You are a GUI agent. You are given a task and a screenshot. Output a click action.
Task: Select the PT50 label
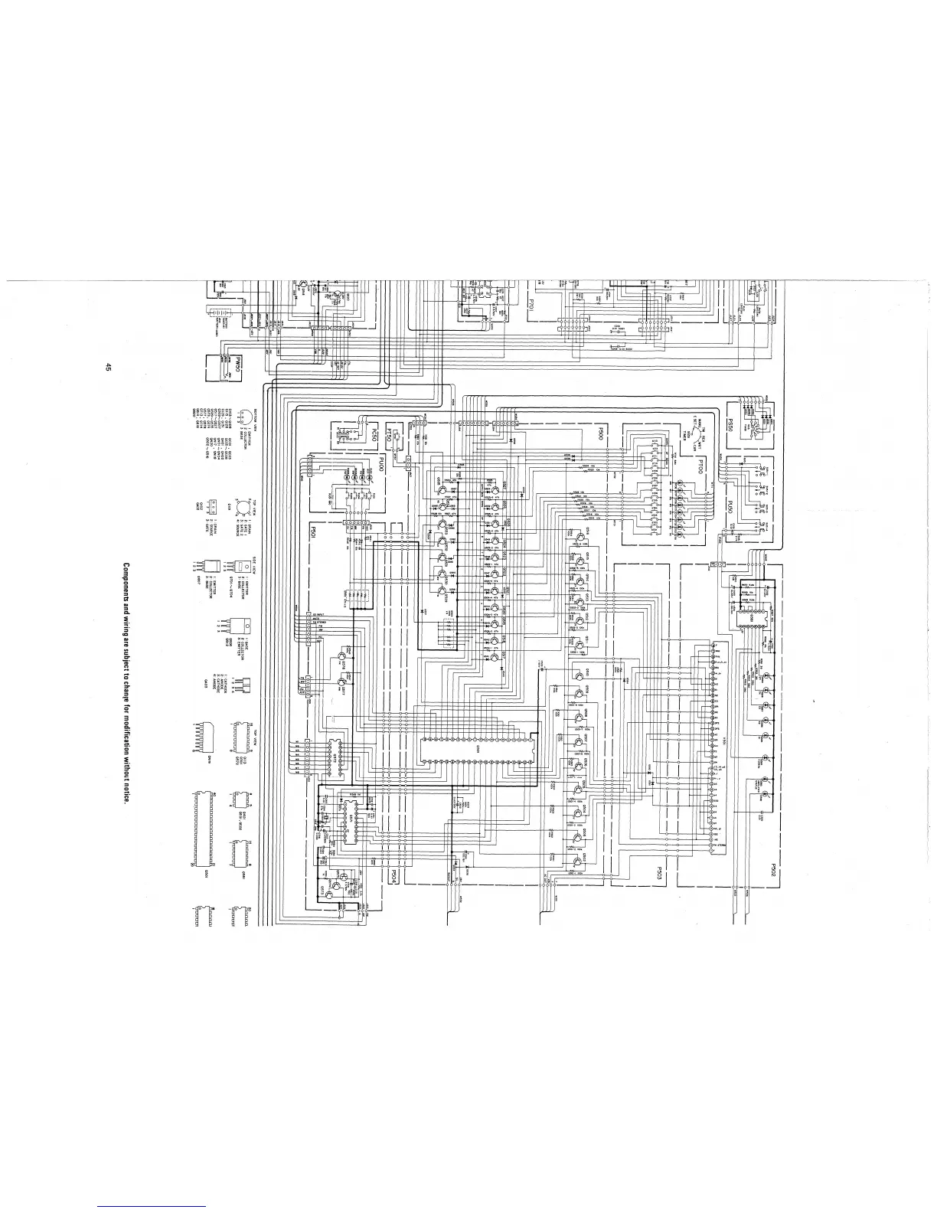(388, 436)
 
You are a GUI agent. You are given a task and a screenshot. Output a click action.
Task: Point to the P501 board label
(312, 532)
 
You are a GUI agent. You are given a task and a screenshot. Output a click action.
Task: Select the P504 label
(390, 873)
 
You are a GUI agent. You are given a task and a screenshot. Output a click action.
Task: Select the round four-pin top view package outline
(242, 505)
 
